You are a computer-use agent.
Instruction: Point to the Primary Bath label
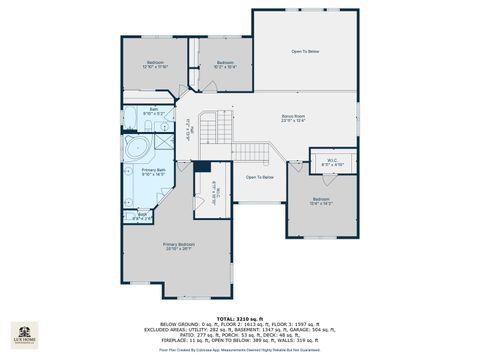[154, 171]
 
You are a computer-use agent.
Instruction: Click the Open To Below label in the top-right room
[305, 50]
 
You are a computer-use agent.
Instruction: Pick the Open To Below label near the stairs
[260, 177]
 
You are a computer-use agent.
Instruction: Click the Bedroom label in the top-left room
[155, 64]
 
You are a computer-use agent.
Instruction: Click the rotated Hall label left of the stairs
[186, 128]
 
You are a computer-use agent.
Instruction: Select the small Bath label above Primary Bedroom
[142, 215]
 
